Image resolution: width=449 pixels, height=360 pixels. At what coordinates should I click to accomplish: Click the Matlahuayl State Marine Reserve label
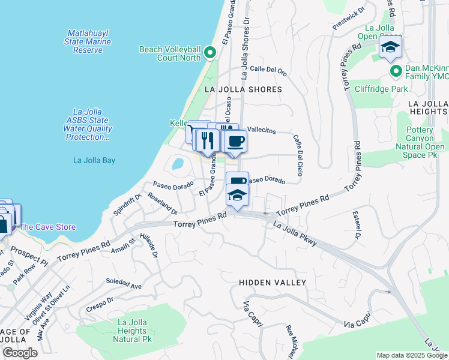tap(88, 41)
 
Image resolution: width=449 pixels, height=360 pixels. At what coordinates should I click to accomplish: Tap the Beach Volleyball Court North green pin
tap(209, 53)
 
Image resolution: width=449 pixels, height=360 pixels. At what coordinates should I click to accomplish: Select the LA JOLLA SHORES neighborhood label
tap(243, 89)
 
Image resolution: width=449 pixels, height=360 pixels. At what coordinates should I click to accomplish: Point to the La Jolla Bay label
tap(94, 160)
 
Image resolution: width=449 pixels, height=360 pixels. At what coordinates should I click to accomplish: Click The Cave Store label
tap(48, 227)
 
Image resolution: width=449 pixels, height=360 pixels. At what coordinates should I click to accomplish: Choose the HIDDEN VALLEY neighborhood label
tap(273, 282)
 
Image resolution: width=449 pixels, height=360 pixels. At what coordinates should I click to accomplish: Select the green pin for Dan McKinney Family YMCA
tap(396, 71)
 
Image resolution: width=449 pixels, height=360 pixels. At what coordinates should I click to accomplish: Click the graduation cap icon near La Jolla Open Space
tap(390, 48)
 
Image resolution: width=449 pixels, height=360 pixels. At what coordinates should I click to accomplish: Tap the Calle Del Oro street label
tap(268, 70)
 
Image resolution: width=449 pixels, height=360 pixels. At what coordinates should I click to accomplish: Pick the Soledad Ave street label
tap(124, 285)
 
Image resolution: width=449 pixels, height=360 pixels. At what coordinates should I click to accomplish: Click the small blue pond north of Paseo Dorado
tap(178, 163)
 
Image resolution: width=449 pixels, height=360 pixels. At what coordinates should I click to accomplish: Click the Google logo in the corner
tap(20, 353)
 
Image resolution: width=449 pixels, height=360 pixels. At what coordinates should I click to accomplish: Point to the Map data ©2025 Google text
tap(411, 355)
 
